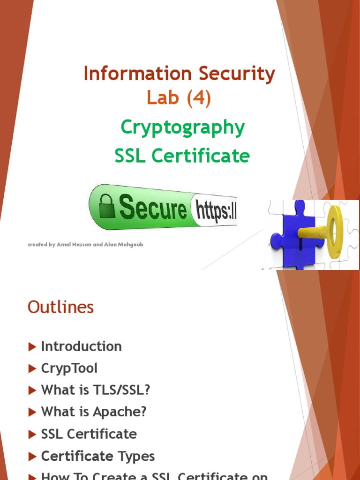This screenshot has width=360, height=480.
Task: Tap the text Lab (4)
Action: pos(179,98)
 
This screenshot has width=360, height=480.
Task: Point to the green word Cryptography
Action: pos(182,127)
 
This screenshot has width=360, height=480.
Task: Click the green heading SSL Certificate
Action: pos(182,156)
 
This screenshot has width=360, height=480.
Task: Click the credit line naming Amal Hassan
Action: pos(85,245)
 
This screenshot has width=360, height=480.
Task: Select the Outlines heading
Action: pos(61,307)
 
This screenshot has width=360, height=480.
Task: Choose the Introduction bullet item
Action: pos(82,346)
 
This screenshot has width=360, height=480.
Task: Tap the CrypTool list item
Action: pos(69,368)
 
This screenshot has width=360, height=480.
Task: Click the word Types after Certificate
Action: pos(136,456)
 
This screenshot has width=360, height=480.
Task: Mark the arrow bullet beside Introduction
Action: pos(32,347)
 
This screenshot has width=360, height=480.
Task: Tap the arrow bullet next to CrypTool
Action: pos(32,369)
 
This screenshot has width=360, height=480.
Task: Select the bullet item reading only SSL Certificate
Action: pos(89,434)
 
